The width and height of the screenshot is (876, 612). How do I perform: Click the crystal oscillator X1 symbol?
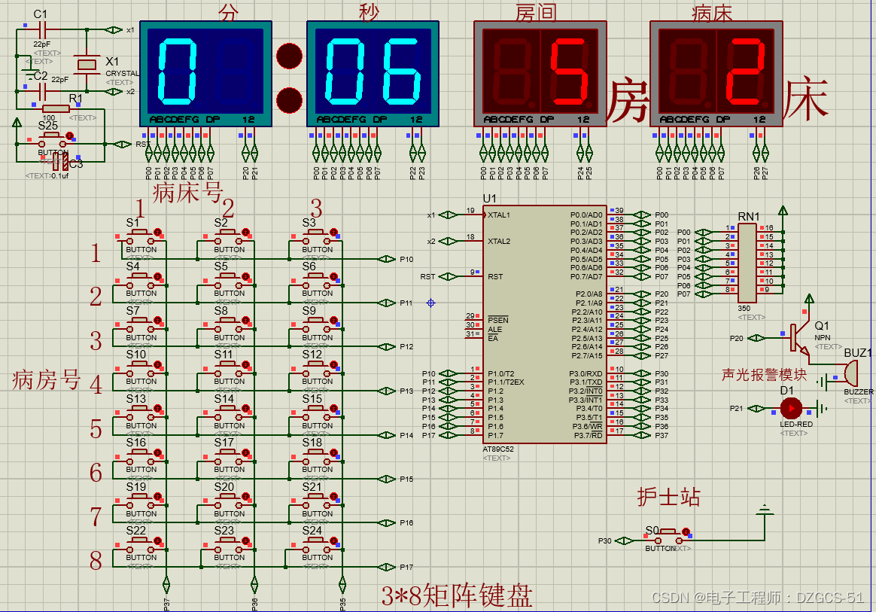click(x=88, y=64)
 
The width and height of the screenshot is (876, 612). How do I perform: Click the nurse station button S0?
click(x=667, y=538)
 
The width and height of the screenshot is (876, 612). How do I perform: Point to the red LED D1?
click(x=791, y=408)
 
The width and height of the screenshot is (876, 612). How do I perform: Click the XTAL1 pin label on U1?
click(x=499, y=215)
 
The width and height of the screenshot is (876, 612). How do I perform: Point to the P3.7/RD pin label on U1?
click(x=586, y=435)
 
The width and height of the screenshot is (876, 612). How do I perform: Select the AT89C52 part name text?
click(x=498, y=449)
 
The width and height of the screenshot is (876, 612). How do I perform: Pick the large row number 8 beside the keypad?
click(x=96, y=561)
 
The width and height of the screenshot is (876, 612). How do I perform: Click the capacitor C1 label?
click(x=41, y=14)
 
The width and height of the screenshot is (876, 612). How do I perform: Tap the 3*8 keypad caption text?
click(x=457, y=596)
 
